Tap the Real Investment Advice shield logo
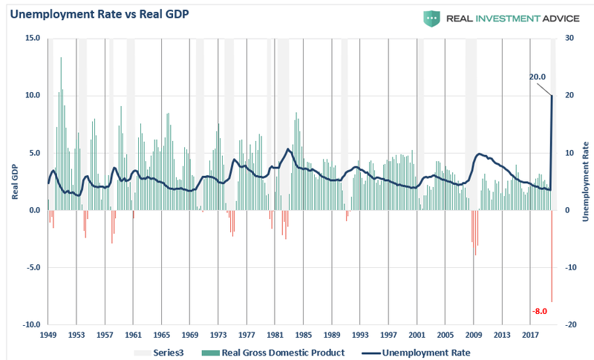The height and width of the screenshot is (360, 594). point(431,18)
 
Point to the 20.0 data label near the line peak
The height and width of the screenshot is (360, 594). point(538,76)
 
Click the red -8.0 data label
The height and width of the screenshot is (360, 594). point(539,311)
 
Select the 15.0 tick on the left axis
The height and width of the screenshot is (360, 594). point(32,37)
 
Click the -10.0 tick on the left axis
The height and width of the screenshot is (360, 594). point(30,325)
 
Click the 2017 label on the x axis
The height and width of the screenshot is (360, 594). point(530,336)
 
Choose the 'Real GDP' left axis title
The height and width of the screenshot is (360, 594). point(14,181)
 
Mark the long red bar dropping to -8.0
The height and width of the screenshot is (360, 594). point(552,256)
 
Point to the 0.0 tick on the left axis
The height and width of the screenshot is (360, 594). point(34,210)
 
